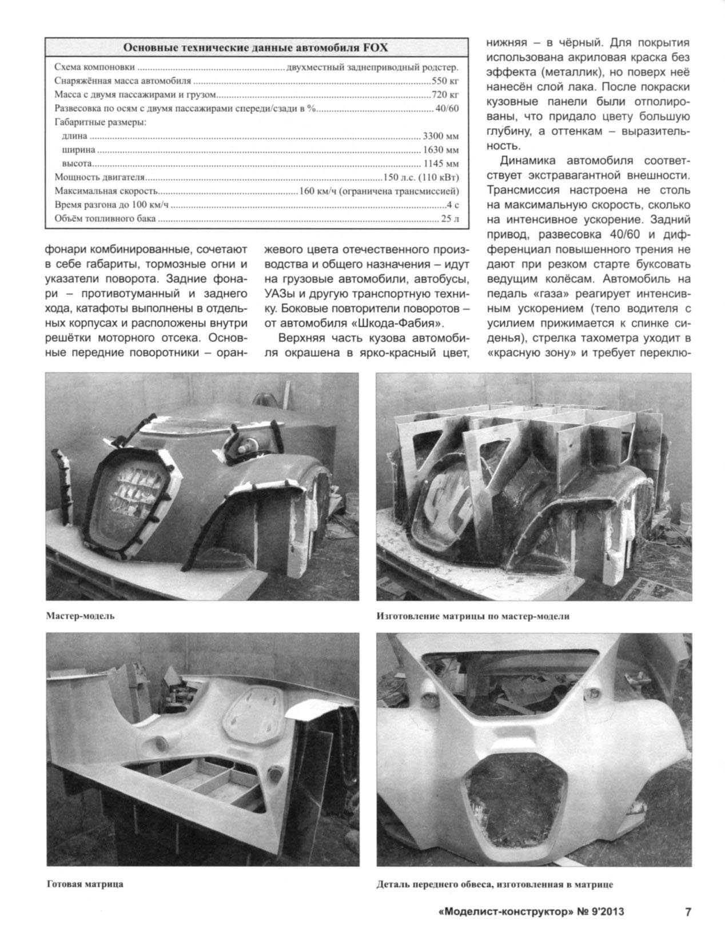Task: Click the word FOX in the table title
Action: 376,47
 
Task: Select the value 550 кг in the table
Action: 445,81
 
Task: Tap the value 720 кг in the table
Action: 445,94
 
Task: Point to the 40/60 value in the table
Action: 447,109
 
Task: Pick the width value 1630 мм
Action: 441,150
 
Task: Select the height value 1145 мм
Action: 441,164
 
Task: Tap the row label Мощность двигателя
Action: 99,178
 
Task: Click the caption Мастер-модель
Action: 81,616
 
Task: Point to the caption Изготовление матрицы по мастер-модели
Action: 473,616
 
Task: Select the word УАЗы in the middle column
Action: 279,294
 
